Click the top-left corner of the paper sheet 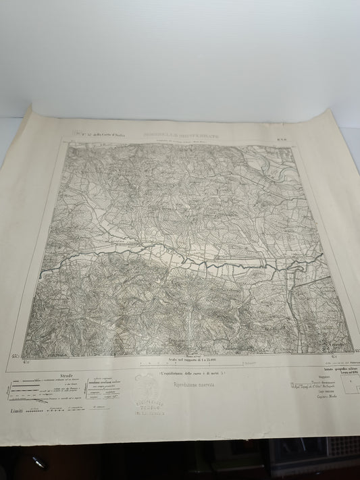[32, 108]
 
